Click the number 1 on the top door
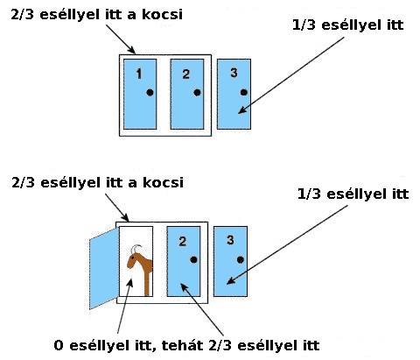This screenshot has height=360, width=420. (139, 74)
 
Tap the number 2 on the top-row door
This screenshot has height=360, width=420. (186, 74)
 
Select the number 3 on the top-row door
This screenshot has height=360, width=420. (234, 73)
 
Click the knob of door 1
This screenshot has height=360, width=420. (150, 93)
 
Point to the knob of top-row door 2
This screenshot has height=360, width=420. (197, 93)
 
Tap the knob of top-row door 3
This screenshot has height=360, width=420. (244, 93)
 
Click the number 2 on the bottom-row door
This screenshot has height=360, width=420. (183, 241)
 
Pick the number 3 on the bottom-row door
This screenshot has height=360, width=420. (230, 240)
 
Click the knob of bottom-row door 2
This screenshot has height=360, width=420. (193, 259)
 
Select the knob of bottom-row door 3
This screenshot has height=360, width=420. (241, 259)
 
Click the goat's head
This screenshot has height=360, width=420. (133, 260)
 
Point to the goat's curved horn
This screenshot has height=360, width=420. (135, 249)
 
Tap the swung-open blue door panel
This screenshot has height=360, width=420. (104, 268)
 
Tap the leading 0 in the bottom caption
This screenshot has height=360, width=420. (59, 346)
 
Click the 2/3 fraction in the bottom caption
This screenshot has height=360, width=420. (220, 346)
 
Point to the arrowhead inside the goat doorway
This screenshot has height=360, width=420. (129, 283)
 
